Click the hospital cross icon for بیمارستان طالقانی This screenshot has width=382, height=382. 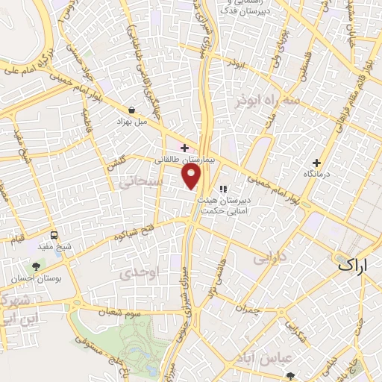coord(184,148)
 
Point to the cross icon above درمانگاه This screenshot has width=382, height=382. coord(317,163)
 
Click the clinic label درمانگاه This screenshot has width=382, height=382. coord(316,174)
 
